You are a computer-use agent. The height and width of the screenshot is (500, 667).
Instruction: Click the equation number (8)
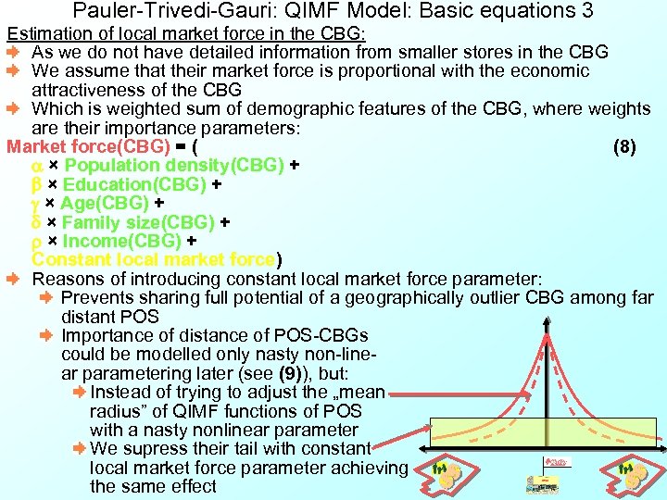(624, 146)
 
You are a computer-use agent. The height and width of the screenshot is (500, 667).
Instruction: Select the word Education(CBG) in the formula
(134, 184)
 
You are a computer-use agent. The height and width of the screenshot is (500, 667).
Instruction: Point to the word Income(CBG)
(121, 241)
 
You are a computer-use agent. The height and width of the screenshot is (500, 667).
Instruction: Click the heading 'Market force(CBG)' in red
(88, 146)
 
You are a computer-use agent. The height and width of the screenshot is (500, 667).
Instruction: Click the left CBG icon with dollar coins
(447, 475)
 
